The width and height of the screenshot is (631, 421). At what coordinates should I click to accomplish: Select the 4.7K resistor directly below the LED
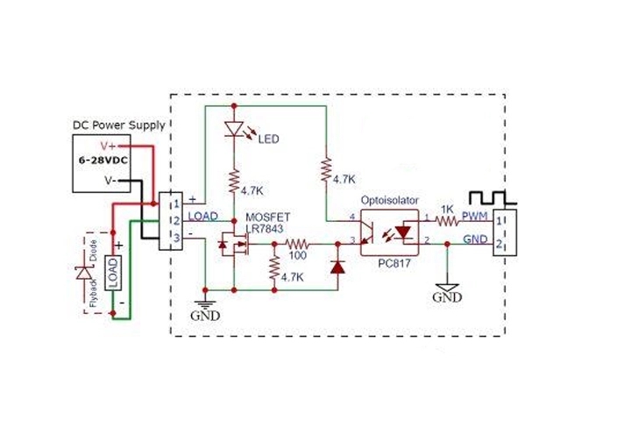pyautogui.click(x=234, y=182)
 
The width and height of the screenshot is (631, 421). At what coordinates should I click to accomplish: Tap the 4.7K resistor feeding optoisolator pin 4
pyautogui.click(x=326, y=169)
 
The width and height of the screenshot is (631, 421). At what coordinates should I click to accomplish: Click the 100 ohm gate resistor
pyautogui.click(x=295, y=245)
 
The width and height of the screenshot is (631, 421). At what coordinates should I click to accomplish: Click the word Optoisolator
pyautogui.click(x=392, y=201)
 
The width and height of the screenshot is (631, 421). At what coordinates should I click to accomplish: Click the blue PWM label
pyautogui.click(x=476, y=215)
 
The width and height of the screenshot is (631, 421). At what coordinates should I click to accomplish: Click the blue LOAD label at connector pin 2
pyautogui.click(x=203, y=215)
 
